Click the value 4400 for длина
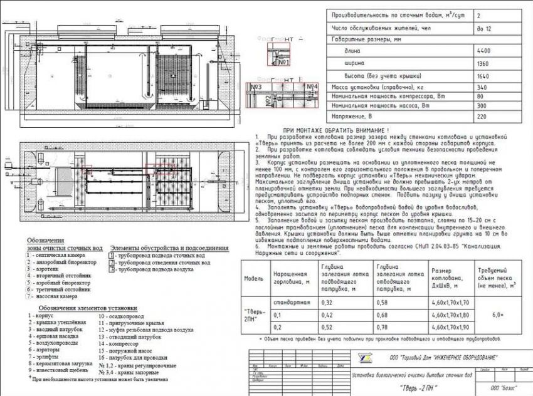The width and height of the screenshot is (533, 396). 483,51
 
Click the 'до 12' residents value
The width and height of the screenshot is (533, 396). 483,28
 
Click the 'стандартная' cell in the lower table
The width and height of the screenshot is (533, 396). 292,303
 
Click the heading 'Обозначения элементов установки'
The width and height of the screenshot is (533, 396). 87,308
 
